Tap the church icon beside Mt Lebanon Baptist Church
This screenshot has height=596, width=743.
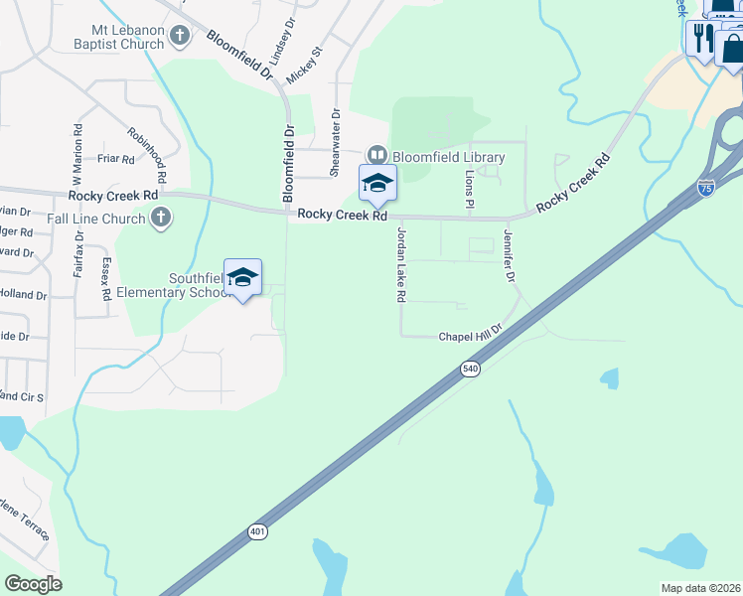pyautogui.click(x=180, y=37)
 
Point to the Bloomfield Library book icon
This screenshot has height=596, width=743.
pyautogui.click(x=377, y=155)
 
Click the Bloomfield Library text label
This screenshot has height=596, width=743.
pyautogui.click(x=448, y=157)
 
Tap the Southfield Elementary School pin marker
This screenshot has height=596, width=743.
pyautogui.click(x=242, y=278)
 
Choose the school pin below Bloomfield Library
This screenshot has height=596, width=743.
pyautogui.click(x=377, y=185)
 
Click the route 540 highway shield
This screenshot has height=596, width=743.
pyautogui.click(x=471, y=370)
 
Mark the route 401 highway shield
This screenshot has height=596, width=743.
pyautogui.click(x=257, y=532)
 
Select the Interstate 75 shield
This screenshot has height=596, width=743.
pyautogui.click(x=705, y=187)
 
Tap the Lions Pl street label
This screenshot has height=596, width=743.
pyautogui.click(x=469, y=189)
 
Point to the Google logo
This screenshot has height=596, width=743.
pyautogui.click(x=33, y=584)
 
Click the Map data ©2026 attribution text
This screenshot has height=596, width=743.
pyautogui.click(x=700, y=588)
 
